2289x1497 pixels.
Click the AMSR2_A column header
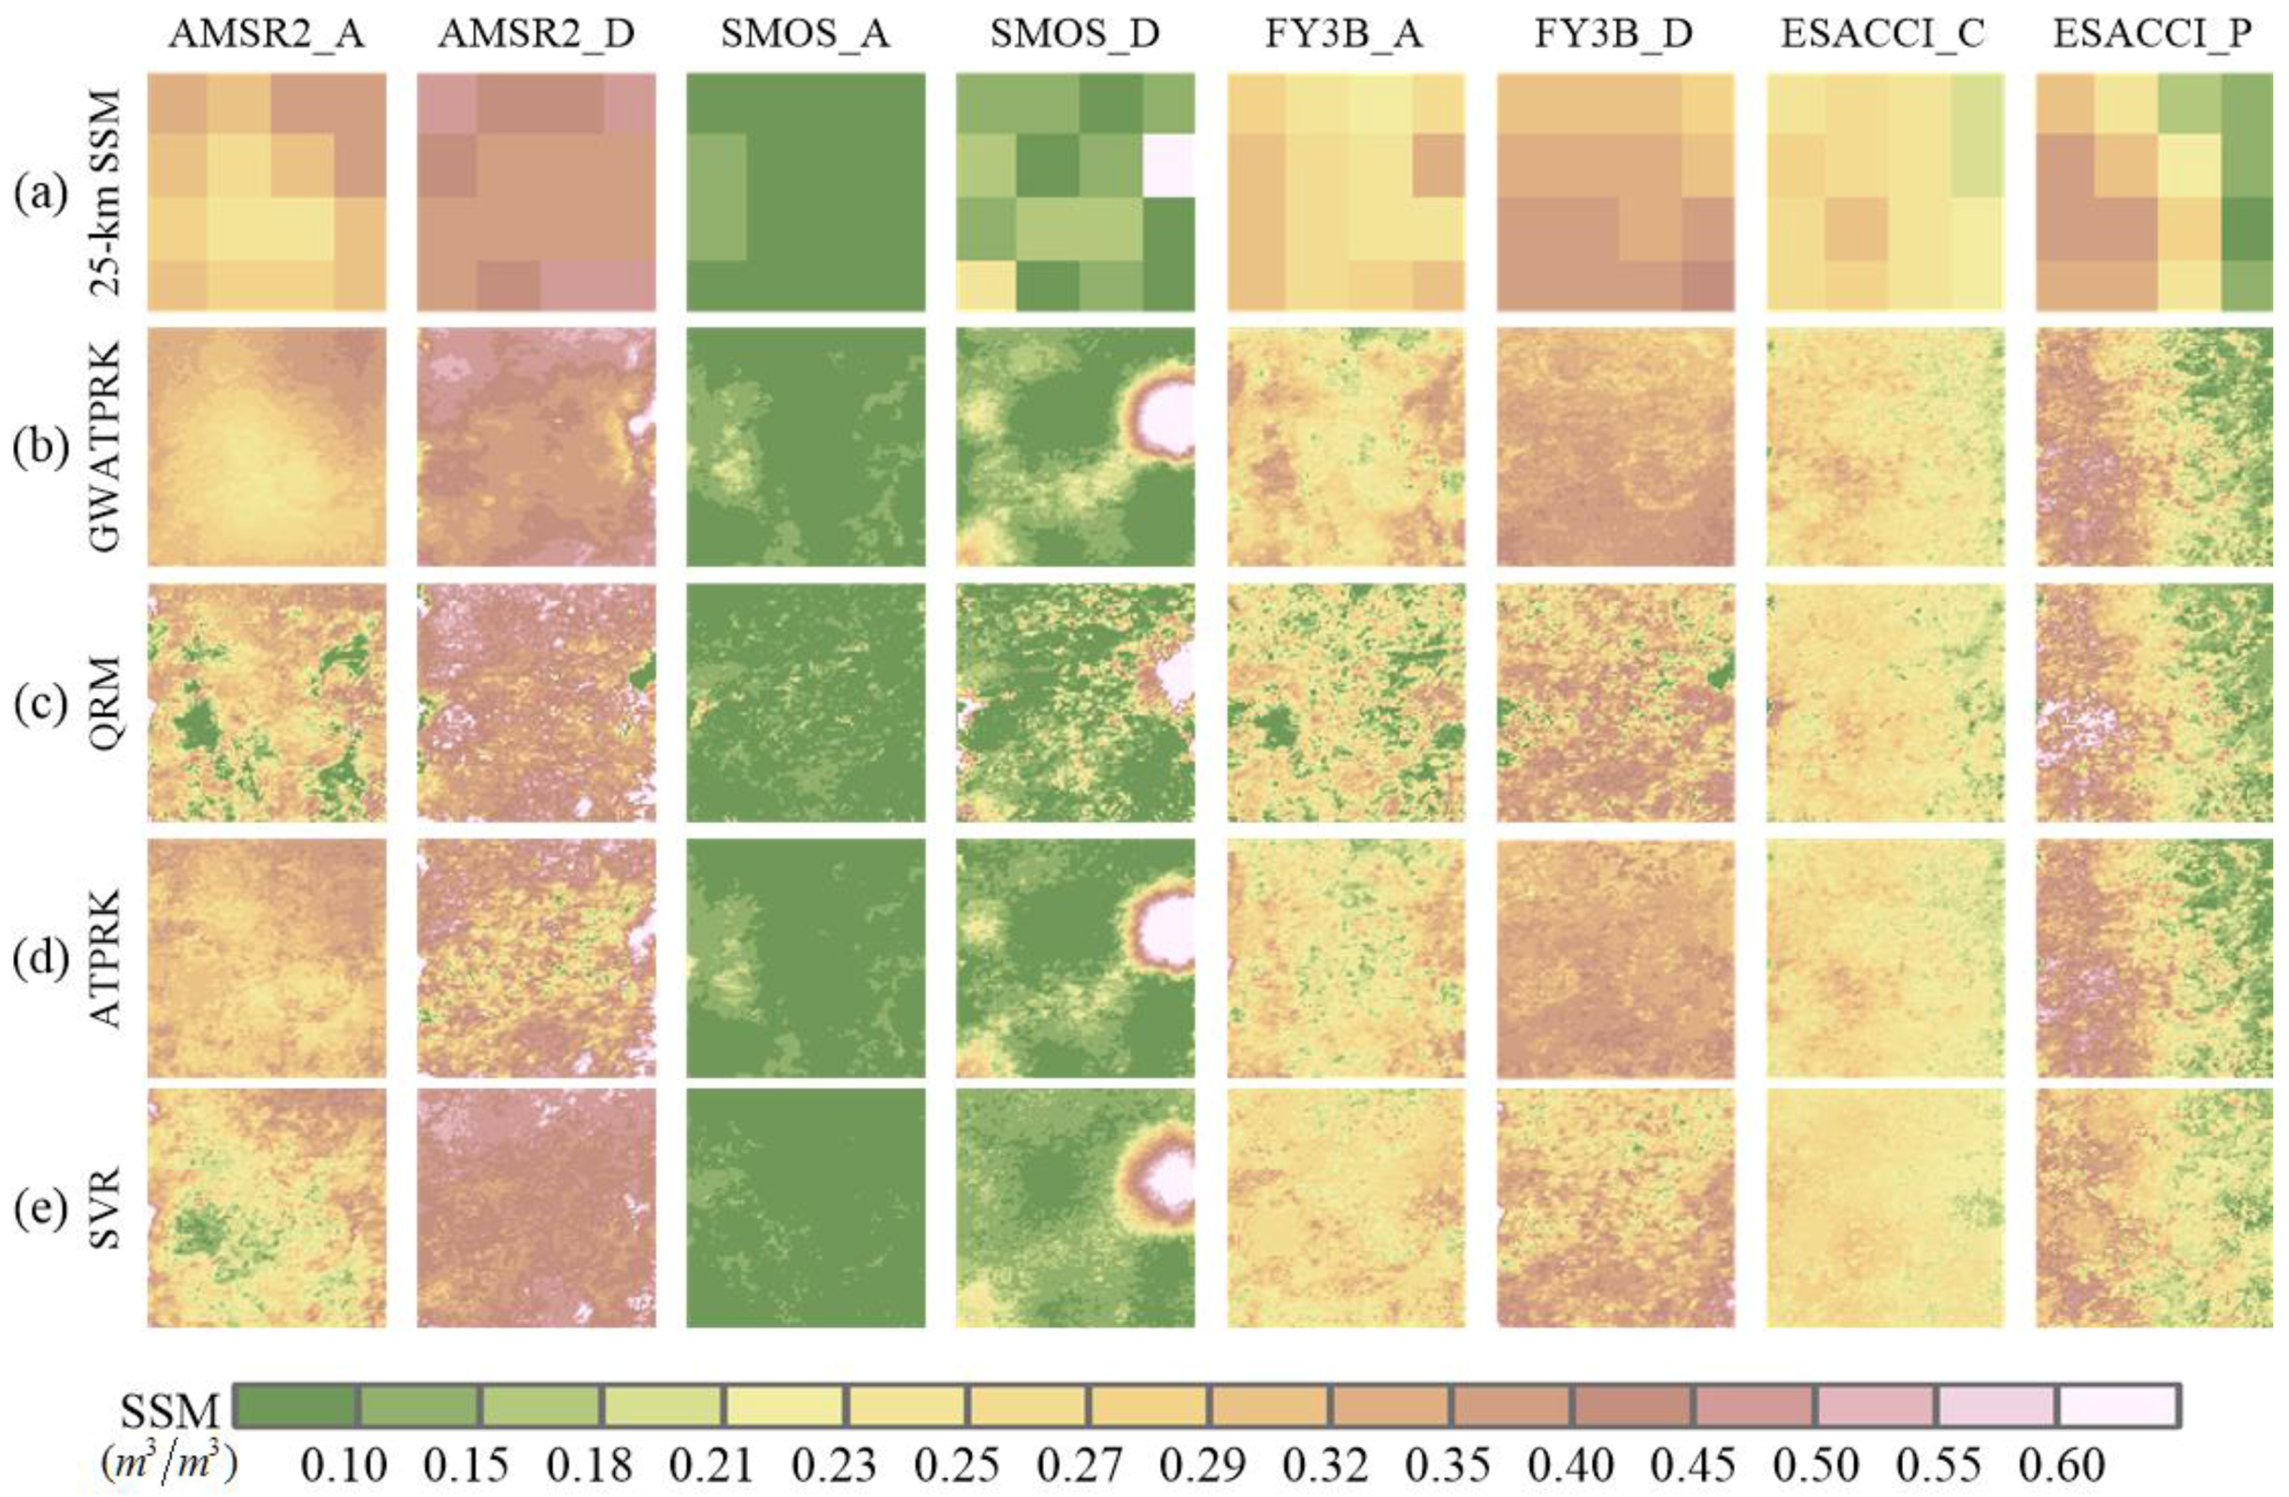click(266, 34)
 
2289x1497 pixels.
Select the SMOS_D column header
click(1074, 34)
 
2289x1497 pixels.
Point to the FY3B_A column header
click(1345, 34)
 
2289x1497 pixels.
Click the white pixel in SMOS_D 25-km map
click(1167, 165)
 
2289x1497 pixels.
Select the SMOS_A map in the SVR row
click(806, 1207)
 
